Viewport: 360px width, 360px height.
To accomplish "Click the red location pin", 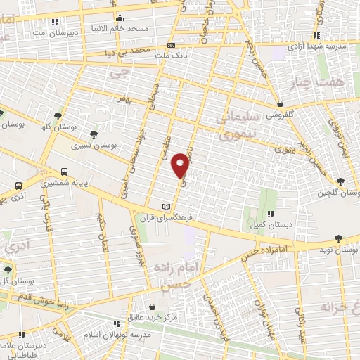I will click(x=181, y=165).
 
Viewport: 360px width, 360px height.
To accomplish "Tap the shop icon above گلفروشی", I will click(x=280, y=103).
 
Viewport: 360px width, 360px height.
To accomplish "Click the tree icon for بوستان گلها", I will click(x=58, y=116).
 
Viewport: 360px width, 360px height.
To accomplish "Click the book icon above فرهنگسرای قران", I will click(x=166, y=206).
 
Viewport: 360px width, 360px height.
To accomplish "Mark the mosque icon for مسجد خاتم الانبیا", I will click(x=120, y=18).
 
